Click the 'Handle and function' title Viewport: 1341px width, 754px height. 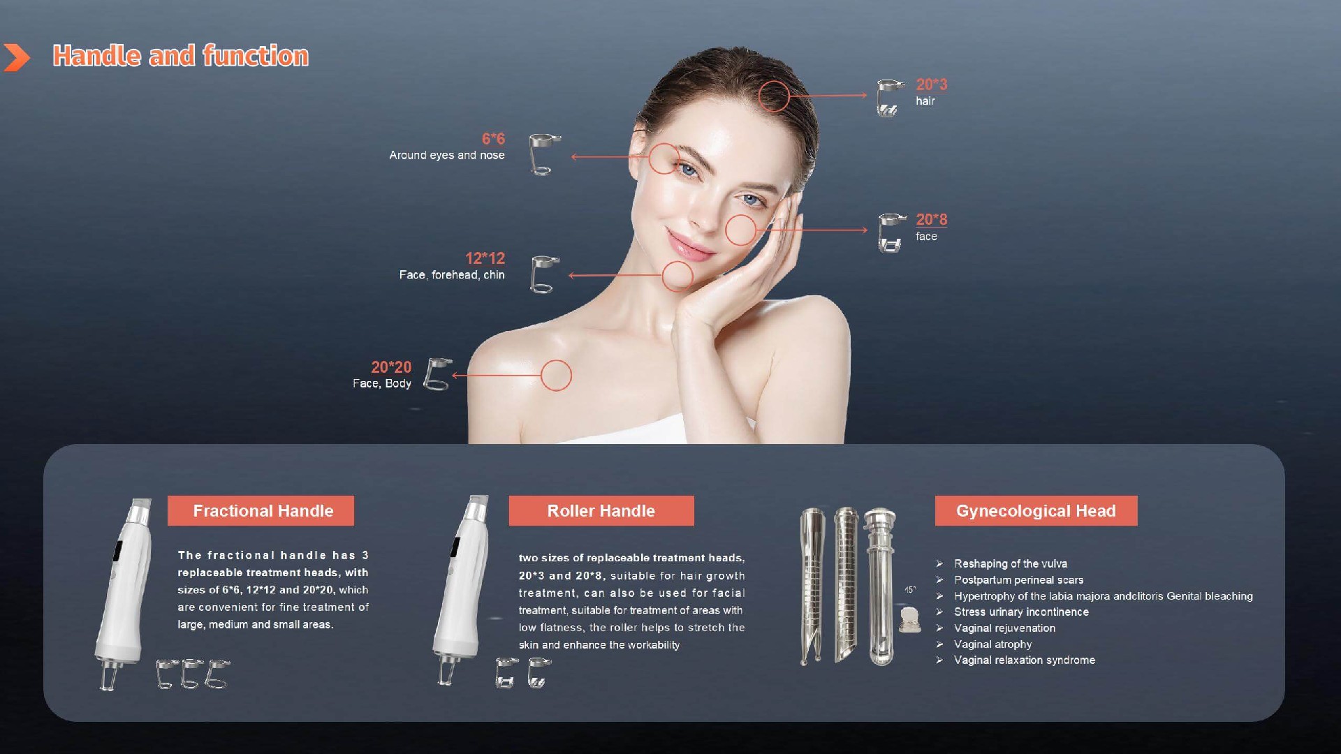(180, 56)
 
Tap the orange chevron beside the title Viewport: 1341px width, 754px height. (17, 57)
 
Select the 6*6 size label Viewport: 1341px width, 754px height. (493, 139)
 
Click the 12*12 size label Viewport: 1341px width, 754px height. (485, 258)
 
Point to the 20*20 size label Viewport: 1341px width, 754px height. (391, 367)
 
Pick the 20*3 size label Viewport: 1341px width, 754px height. (932, 84)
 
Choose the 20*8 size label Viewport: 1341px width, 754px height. (932, 219)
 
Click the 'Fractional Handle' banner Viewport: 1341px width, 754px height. (261, 510)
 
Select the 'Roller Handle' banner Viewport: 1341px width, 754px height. (601, 510)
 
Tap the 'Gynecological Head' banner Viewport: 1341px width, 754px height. (1036, 510)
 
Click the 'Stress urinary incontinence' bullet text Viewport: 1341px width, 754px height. (1021, 612)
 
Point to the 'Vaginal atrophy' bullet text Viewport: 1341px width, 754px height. (992, 644)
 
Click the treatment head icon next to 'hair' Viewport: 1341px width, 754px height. (889, 98)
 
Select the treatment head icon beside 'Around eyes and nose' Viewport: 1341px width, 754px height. (544, 154)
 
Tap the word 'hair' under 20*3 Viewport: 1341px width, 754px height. (925, 101)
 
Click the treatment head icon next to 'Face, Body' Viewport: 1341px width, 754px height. (438, 375)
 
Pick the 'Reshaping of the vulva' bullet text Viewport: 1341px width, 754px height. (1011, 563)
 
